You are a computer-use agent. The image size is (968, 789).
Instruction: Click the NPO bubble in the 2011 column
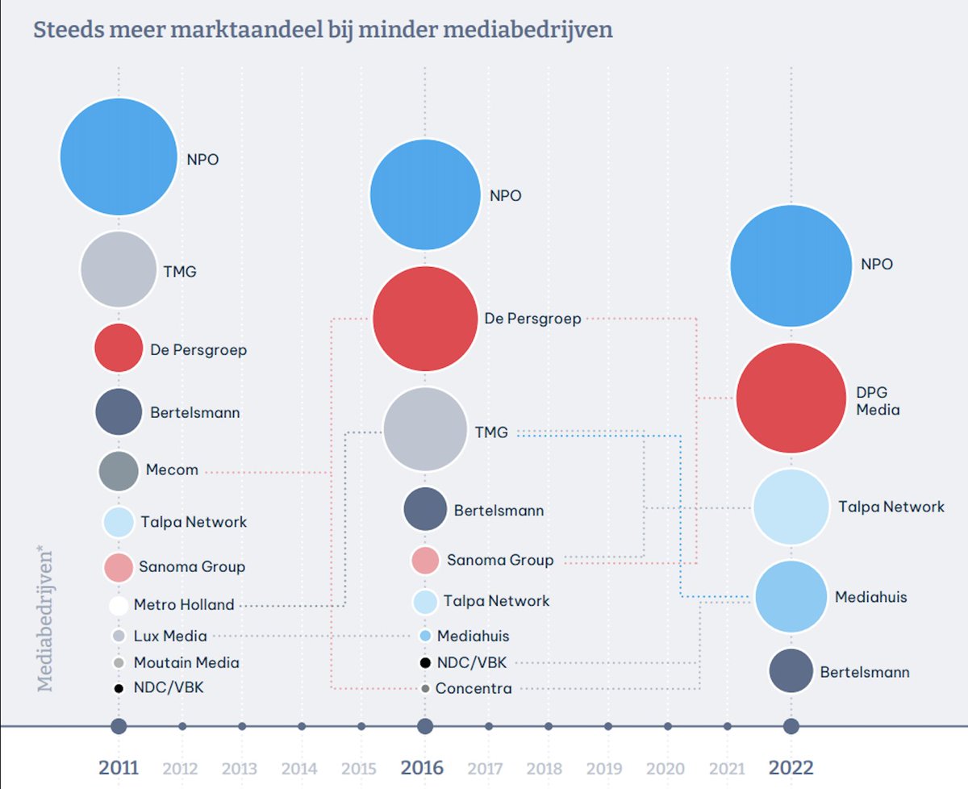(119, 157)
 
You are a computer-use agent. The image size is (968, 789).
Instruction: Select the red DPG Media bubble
(791, 399)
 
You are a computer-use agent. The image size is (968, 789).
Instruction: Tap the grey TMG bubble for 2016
(425, 429)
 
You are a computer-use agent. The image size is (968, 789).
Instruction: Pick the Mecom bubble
(119, 470)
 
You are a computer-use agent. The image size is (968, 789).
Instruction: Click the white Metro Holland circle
(119, 605)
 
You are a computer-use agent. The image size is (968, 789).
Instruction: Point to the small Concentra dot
(425, 689)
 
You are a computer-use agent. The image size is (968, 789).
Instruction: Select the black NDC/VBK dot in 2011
(119, 688)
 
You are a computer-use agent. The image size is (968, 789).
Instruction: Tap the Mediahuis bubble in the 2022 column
(791, 597)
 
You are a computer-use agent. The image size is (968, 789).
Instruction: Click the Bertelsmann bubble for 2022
(791, 671)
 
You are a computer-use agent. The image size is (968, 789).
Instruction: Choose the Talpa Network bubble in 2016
(425, 602)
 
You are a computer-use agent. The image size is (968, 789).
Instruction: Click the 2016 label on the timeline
(423, 767)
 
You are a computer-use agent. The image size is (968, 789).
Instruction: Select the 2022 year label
(791, 767)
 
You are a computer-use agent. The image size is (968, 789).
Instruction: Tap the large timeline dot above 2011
(119, 726)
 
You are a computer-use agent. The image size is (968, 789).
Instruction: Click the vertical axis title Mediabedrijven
(45, 620)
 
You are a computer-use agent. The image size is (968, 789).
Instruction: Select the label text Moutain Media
(186, 662)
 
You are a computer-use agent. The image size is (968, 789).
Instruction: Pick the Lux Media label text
(170, 636)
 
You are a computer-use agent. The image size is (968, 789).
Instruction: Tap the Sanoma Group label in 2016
(500, 560)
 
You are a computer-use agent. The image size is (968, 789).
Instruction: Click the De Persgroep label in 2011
(198, 350)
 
